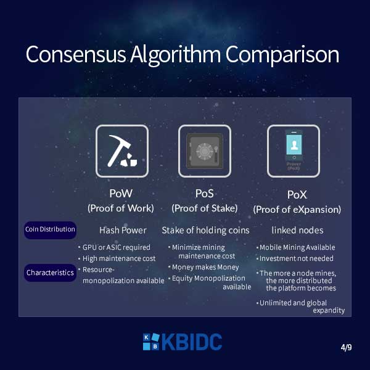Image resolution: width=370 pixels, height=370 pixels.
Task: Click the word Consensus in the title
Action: [76, 55]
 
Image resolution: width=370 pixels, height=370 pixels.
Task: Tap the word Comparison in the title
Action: [282, 55]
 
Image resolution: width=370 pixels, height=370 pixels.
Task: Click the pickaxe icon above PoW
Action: [122, 151]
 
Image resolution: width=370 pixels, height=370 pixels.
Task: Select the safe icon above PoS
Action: [205, 151]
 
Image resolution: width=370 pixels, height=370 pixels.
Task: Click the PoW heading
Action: [121, 194]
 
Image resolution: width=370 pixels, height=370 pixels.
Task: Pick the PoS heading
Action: [204, 194]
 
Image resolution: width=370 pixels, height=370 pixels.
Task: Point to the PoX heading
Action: [297, 195]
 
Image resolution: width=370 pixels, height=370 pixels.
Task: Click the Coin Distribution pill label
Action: [50, 230]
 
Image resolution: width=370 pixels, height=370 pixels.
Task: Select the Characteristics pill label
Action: [50, 273]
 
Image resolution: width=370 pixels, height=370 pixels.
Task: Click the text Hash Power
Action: [123, 230]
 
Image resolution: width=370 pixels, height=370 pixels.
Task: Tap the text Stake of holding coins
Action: [205, 230]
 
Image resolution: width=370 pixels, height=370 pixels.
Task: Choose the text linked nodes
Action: [298, 230]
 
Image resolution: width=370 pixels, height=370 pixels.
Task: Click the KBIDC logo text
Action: [183, 342]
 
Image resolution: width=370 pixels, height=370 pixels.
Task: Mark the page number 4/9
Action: [346, 347]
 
